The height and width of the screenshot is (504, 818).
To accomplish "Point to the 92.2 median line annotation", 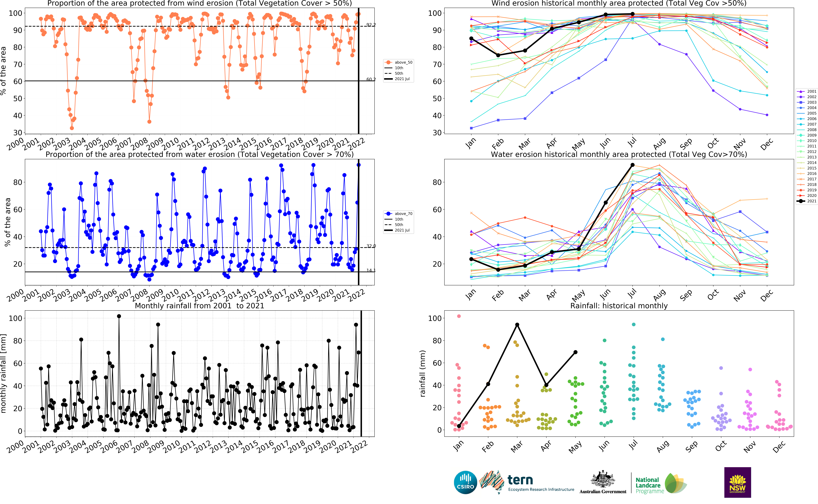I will click(x=371, y=25).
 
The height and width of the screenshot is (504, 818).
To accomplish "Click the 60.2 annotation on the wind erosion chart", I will click(x=371, y=79).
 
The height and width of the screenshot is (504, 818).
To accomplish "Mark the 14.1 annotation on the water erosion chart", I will click(x=371, y=270).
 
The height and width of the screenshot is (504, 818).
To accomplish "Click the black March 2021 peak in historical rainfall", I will click(x=517, y=325).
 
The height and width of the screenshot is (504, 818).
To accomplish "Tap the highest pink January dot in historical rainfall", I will click(x=459, y=316).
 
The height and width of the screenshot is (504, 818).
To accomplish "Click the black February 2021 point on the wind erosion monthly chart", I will click(x=498, y=55).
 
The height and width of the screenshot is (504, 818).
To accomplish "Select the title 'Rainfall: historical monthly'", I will click(x=619, y=306).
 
